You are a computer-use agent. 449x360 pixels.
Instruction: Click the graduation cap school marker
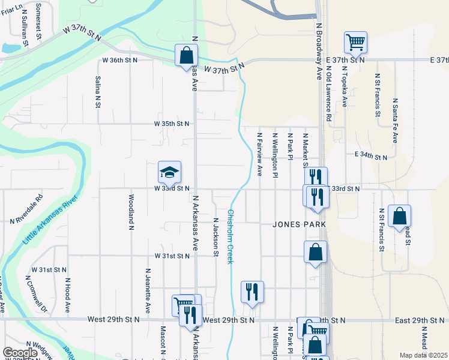pos(169,172)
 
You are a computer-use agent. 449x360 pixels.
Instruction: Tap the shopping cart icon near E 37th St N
pos(355,42)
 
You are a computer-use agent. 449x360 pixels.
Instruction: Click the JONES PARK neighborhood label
pos(299,224)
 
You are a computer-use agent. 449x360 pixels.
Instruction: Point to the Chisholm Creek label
pos(230,236)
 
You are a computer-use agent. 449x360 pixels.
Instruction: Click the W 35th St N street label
pos(171,124)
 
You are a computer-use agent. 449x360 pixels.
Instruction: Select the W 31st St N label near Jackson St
pos(171,256)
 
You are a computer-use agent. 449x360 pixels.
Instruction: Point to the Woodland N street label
pos(131,211)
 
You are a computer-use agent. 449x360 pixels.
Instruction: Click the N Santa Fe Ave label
pos(395,120)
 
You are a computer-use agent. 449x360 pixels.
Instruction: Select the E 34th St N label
pos(370,155)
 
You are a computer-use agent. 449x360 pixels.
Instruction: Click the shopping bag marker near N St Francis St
pos(399,216)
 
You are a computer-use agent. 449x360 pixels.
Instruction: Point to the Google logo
pos(20,353)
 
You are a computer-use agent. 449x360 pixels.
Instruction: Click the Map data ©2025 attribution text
pos(423,355)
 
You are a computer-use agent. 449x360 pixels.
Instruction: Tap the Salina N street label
pos(98,92)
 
